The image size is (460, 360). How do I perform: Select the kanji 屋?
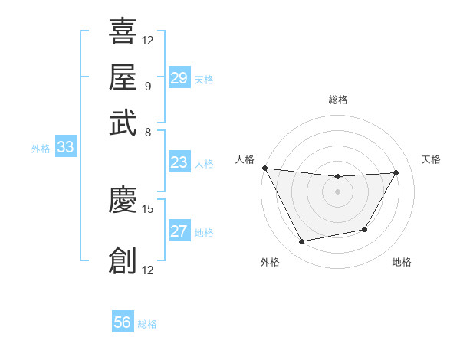pyautogui.click(x=123, y=77)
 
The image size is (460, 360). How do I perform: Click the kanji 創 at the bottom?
pyautogui.click(x=123, y=260)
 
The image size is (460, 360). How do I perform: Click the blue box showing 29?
pyautogui.click(x=179, y=78)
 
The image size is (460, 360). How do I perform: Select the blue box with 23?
pyautogui.click(x=179, y=162)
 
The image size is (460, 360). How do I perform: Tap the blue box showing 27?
pyautogui.click(x=179, y=231)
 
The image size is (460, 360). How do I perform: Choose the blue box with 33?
pyautogui.click(x=64, y=148)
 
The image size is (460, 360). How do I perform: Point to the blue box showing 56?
pyautogui.click(x=123, y=322)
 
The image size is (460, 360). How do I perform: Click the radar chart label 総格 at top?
pyautogui.click(x=338, y=100)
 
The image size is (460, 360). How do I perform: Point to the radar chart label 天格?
pyautogui.click(x=431, y=159)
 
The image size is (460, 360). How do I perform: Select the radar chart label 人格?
pyautogui.click(x=245, y=159)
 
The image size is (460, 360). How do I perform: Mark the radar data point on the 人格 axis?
pyautogui.click(x=265, y=168)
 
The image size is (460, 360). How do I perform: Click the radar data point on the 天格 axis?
pyautogui.click(x=396, y=172)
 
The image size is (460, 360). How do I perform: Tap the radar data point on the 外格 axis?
pyautogui.click(x=301, y=242)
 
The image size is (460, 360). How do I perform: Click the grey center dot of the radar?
pyautogui.click(x=338, y=191)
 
